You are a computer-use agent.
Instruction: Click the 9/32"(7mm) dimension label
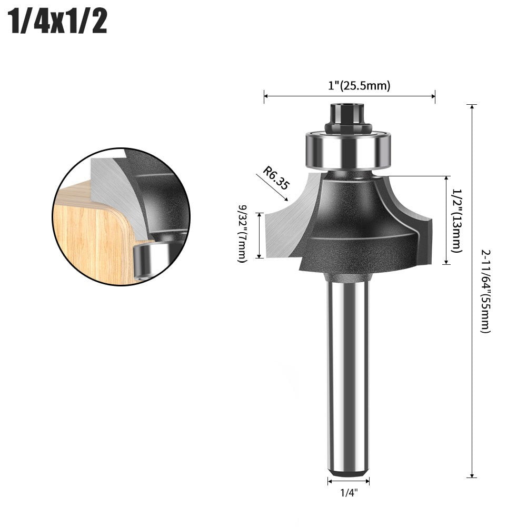click(243, 235)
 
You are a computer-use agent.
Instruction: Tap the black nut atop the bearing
click(348, 119)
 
